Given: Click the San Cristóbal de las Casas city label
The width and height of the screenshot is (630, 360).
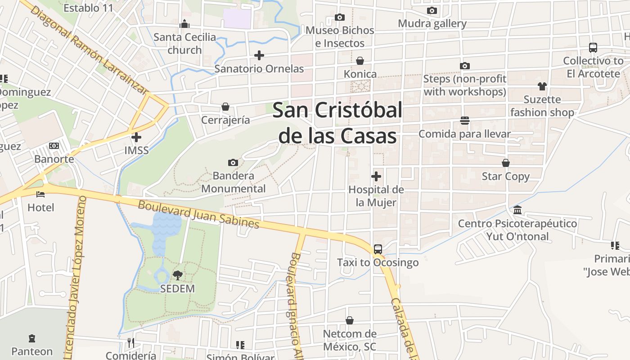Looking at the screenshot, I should (x=337, y=122).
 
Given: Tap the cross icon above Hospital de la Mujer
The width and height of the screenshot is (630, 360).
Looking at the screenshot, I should (x=376, y=176).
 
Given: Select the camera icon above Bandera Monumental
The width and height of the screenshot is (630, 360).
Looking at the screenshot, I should (x=233, y=162).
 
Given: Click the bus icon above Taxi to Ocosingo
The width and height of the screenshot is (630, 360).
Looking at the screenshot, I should (x=378, y=249).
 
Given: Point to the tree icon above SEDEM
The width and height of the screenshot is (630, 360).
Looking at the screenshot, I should (x=178, y=275).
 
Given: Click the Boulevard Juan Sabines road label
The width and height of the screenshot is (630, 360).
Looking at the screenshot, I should (x=198, y=214).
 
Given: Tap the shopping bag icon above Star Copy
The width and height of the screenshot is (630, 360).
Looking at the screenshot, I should (x=506, y=163).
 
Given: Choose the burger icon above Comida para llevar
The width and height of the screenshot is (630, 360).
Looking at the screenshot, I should (x=465, y=121).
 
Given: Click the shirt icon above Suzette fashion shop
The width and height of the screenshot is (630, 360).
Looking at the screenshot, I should (x=542, y=86).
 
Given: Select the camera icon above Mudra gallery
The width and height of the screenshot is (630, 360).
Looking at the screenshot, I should (x=432, y=10).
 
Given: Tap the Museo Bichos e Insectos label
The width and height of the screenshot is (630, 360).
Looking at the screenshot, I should (x=340, y=36).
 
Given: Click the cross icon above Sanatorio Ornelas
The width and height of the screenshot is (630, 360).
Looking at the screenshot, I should (x=259, y=55).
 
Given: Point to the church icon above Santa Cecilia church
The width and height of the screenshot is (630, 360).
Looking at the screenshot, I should (x=184, y=24).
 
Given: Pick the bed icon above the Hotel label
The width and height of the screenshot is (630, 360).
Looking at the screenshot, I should (x=40, y=194).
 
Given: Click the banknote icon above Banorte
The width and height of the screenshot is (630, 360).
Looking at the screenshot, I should (x=54, y=146).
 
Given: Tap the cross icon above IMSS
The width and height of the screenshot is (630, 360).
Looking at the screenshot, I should (x=136, y=137).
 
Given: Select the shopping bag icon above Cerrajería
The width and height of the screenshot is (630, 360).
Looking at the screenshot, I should (x=225, y=107).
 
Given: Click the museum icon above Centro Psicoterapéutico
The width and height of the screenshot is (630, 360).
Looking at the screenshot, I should (x=517, y=210).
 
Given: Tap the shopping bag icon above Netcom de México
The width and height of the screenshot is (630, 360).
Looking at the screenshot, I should (x=350, y=320).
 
